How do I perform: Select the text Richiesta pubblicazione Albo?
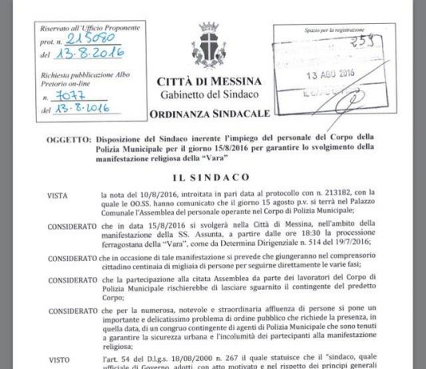click(72, 69)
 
